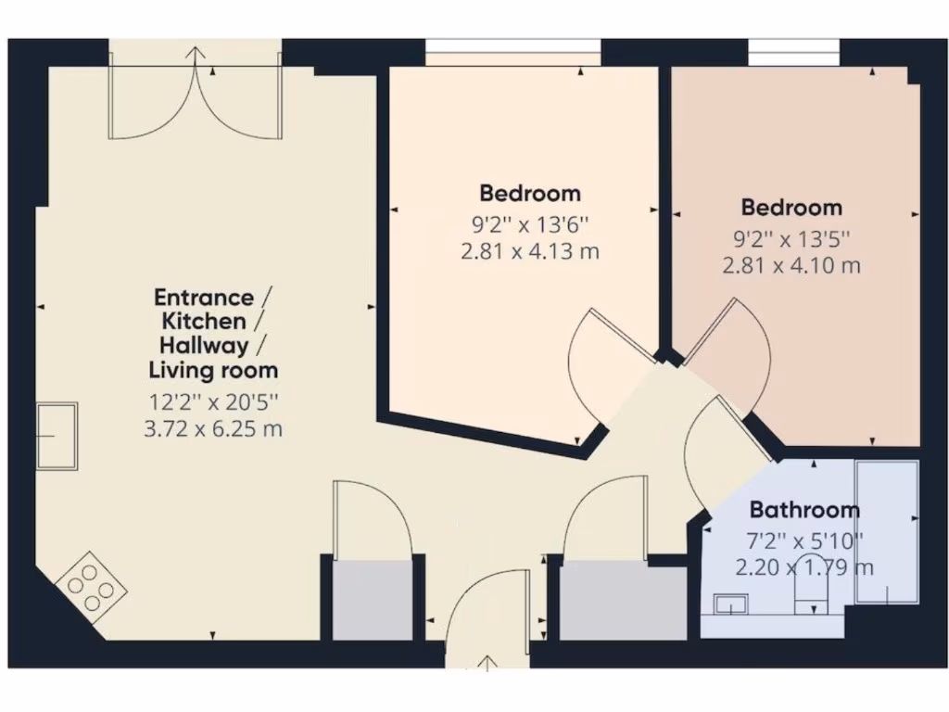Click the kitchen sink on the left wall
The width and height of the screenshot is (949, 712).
tap(57, 436)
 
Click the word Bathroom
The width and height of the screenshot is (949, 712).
tap(803, 510)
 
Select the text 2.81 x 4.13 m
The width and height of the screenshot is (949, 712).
tap(530, 251)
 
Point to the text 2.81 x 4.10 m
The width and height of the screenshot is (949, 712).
tap(791, 266)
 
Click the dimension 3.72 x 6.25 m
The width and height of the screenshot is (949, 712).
tap(214, 429)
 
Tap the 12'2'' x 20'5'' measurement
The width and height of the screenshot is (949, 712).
tap(214, 403)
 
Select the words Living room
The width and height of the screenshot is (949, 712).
tap(214, 371)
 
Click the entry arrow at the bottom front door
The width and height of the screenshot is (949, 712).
tap(487, 661)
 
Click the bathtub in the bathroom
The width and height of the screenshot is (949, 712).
tap(887, 531)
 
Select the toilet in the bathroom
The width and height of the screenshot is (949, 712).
tap(813, 593)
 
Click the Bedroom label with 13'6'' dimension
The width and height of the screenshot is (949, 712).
tap(530, 194)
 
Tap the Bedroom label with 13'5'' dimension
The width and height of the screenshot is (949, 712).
tap(791, 207)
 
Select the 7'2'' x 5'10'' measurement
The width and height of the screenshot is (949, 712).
tap(803, 540)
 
